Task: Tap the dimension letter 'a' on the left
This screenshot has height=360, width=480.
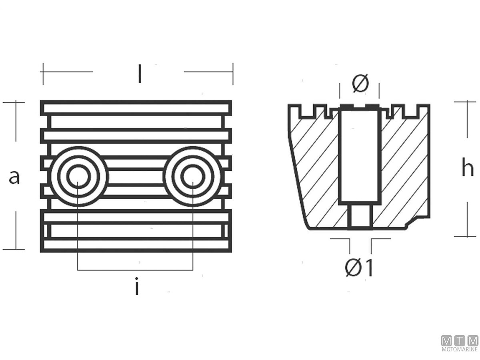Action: coord(14,177)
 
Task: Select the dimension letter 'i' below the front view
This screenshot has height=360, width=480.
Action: coord(137,286)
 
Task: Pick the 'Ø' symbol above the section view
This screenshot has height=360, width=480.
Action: coord(360,83)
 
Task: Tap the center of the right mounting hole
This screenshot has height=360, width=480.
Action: coord(193,176)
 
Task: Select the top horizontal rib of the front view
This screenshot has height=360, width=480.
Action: coord(136,108)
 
